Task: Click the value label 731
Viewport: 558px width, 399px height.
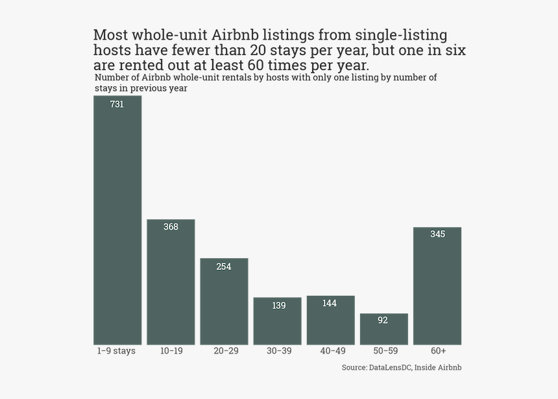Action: [117, 104]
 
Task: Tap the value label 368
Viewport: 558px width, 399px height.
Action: [171, 227]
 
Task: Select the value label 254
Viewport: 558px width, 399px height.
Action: [224, 267]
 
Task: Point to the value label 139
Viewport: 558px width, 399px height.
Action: [279, 306]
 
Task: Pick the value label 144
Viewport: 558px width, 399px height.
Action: [330, 304]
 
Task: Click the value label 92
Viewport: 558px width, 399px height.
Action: [383, 320]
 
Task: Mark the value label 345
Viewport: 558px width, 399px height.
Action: [437, 234]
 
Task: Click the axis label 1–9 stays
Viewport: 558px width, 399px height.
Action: [116, 351]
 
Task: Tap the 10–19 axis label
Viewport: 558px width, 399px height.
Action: [171, 351]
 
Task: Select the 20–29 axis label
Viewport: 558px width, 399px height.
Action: [226, 351]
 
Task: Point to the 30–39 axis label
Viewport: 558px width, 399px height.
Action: [279, 351]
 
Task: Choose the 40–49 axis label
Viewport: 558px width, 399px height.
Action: [332, 351]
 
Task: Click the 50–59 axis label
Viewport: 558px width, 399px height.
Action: [385, 351]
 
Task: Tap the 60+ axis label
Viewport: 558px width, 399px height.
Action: [438, 351]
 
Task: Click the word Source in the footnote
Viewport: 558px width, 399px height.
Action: [354, 368]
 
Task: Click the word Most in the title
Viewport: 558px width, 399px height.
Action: [110, 35]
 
